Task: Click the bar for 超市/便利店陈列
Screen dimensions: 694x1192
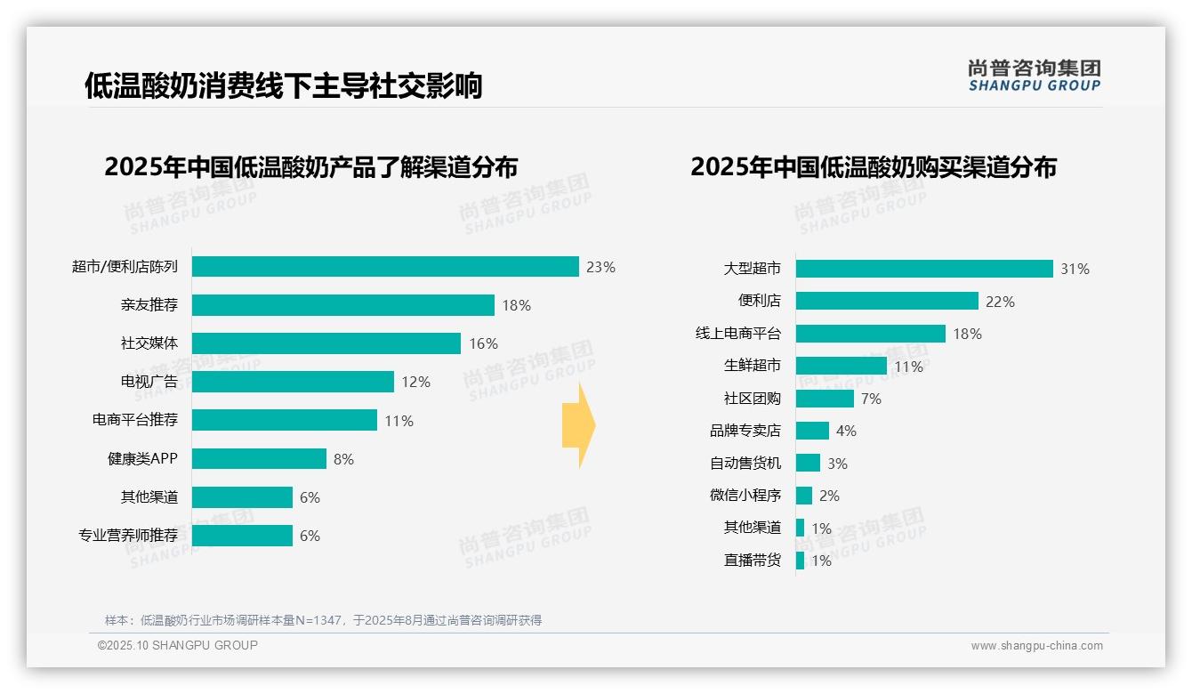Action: [x=385, y=267]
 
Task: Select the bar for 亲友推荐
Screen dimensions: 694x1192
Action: [x=342, y=305]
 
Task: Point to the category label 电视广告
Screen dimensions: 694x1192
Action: [x=149, y=382]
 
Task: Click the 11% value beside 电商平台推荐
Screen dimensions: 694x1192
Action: [x=399, y=421]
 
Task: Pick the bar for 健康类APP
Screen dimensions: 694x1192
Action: [x=259, y=459]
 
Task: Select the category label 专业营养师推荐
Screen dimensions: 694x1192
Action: [x=128, y=536]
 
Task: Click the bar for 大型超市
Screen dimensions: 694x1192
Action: [x=924, y=269]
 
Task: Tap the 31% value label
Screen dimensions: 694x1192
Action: [x=1075, y=269]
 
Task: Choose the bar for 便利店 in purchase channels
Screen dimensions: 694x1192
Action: [x=887, y=302]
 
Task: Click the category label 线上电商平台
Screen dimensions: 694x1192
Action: [x=738, y=334]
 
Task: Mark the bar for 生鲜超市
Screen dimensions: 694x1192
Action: [x=841, y=366]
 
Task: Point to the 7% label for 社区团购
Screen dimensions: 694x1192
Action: [x=871, y=399]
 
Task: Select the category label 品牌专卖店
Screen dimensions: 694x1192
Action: [x=745, y=431]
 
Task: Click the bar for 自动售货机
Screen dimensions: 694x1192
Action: [x=808, y=463]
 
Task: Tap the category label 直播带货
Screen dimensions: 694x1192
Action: [x=753, y=561]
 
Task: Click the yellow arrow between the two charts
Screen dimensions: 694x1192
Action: [x=578, y=426]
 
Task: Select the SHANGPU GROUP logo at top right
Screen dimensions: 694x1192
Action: [x=1034, y=76]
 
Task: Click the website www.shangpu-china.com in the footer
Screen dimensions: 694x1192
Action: [x=1036, y=646]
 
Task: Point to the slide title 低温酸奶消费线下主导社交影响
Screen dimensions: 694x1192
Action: [x=283, y=86]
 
